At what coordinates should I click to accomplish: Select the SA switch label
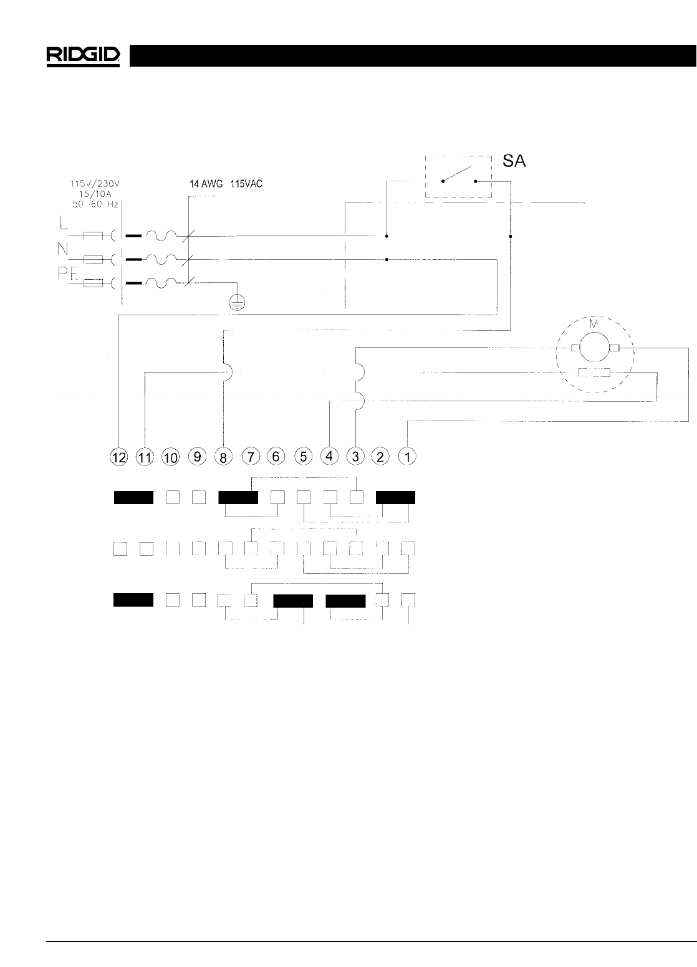[x=514, y=162]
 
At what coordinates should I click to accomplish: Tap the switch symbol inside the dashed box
[x=459, y=176]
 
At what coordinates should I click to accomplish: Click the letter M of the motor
[x=594, y=325]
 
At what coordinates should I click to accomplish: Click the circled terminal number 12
[x=118, y=457]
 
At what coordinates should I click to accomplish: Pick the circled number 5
[x=303, y=457]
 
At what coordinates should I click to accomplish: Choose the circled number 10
[x=170, y=457]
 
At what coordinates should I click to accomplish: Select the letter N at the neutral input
[x=63, y=248]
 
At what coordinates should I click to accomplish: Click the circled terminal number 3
[x=355, y=457]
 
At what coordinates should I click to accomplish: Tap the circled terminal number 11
[x=145, y=457]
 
